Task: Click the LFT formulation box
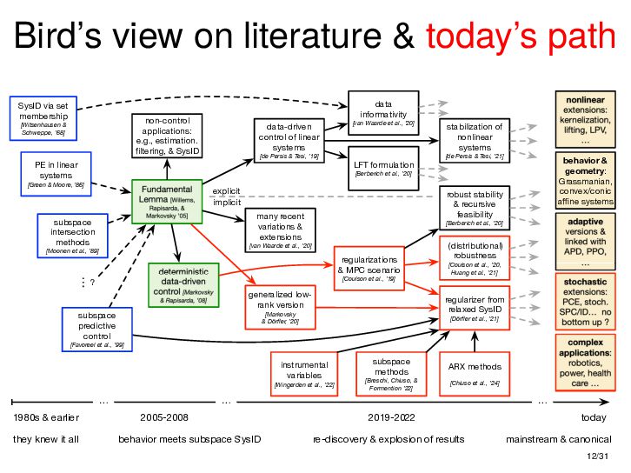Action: click(x=383, y=167)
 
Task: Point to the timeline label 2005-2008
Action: click(x=164, y=418)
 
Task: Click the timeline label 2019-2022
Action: click(x=390, y=418)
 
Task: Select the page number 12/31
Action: click(x=599, y=456)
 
